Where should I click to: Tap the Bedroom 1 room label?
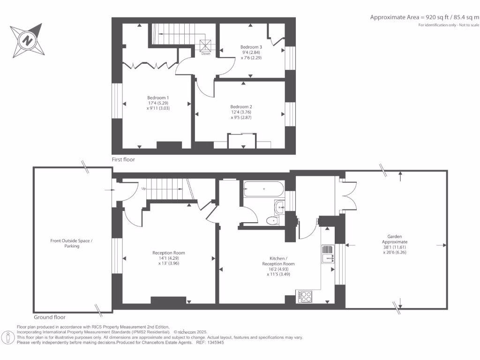tap(157, 103)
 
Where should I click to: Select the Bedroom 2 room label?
tap(241, 112)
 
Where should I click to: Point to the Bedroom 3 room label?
tap(251, 52)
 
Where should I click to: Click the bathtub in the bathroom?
tap(263, 189)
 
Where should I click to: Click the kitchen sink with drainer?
tap(327, 254)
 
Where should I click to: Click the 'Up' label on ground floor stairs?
tap(143, 188)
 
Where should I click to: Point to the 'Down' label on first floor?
tap(206, 54)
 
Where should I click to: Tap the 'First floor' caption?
tap(123, 160)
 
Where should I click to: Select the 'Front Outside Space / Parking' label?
tap(72, 243)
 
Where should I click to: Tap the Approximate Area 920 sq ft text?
tap(425, 17)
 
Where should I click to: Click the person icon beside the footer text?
tap(8, 337)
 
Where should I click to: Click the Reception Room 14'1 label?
tap(166, 258)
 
